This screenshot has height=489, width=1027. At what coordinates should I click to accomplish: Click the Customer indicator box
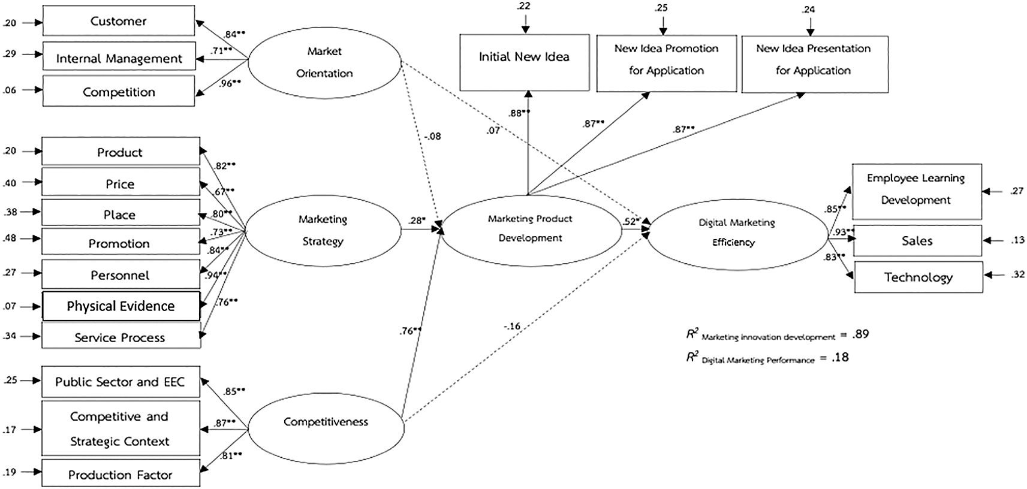point(118,21)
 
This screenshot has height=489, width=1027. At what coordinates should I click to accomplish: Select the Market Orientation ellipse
point(324,62)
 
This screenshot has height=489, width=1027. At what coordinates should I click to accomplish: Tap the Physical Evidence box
point(121,306)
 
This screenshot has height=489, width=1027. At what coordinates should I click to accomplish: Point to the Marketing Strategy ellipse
point(323,230)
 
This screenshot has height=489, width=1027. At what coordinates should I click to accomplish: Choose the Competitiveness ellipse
point(326,422)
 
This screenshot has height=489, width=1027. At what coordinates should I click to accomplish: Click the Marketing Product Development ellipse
point(530,228)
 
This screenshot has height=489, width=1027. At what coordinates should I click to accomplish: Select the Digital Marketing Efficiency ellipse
point(736,233)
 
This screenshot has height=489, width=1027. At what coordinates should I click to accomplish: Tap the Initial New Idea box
point(524,57)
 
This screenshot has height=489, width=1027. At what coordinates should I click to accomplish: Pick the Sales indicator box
point(917,241)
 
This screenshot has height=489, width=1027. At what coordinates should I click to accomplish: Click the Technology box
point(918,277)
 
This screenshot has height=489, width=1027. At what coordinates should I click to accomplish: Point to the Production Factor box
point(121,475)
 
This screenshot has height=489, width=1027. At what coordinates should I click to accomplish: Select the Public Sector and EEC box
point(121,382)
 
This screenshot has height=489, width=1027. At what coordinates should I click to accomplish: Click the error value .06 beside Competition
point(10,90)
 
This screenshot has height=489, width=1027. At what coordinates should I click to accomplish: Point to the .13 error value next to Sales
point(1017,240)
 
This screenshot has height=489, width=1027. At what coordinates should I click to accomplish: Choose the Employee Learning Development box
point(916,189)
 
